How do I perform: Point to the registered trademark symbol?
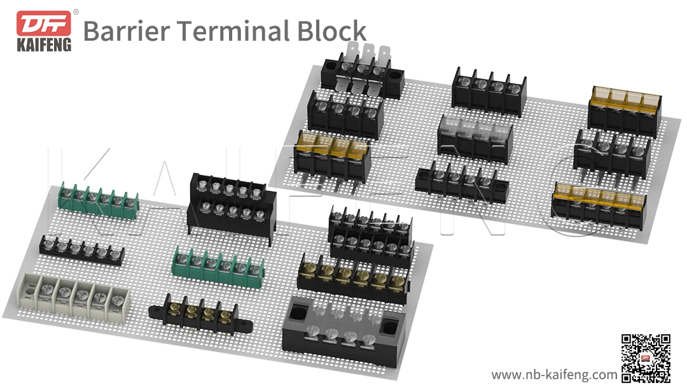[76, 11]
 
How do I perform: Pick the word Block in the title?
[333, 30]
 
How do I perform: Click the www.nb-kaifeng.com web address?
[554, 374]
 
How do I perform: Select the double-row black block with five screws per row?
[232, 204]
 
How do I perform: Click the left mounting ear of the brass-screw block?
[155, 310]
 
